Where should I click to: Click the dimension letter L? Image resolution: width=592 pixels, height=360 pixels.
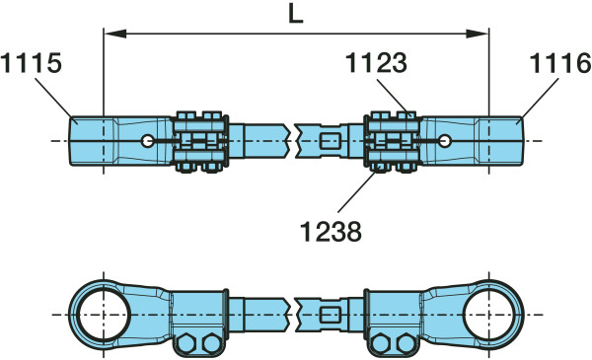[x=296, y=16]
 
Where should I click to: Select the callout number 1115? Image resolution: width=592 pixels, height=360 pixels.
[x=31, y=63]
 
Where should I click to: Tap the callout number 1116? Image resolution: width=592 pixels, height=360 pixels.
[x=560, y=63]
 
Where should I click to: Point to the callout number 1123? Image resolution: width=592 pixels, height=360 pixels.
[x=377, y=63]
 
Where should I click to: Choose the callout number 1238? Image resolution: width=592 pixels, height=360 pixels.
[x=331, y=231]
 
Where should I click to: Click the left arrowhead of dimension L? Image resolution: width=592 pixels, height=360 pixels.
[x=114, y=34]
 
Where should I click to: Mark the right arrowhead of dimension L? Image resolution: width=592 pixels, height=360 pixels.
[x=478, y=34]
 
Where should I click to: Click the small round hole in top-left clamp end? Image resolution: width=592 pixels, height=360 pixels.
[x=147, y=141]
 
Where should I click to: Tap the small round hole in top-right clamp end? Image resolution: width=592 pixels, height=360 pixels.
[x=445, y=141]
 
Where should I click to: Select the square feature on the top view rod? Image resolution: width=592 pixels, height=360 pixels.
[x=330, y=141]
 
